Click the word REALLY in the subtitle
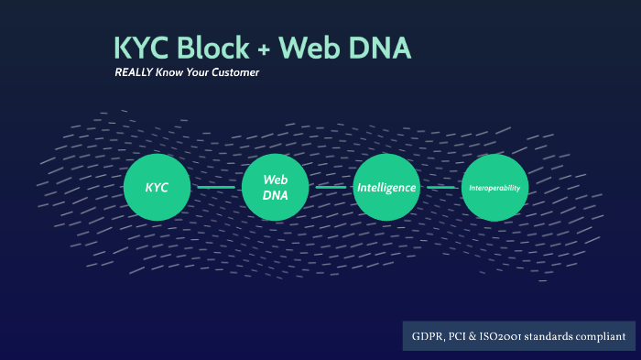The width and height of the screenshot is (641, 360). (x=133, y=72)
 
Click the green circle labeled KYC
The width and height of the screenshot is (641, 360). (x=158, y=188)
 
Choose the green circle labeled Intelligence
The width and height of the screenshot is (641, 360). (x=386, y=188)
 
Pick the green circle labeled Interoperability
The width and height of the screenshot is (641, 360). (x=494, y=188)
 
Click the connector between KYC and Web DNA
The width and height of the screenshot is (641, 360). (x=217, y=188)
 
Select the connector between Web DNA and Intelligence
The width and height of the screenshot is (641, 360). (x=331, y=188)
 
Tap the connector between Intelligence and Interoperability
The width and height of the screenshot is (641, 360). (x=441, y=188)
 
